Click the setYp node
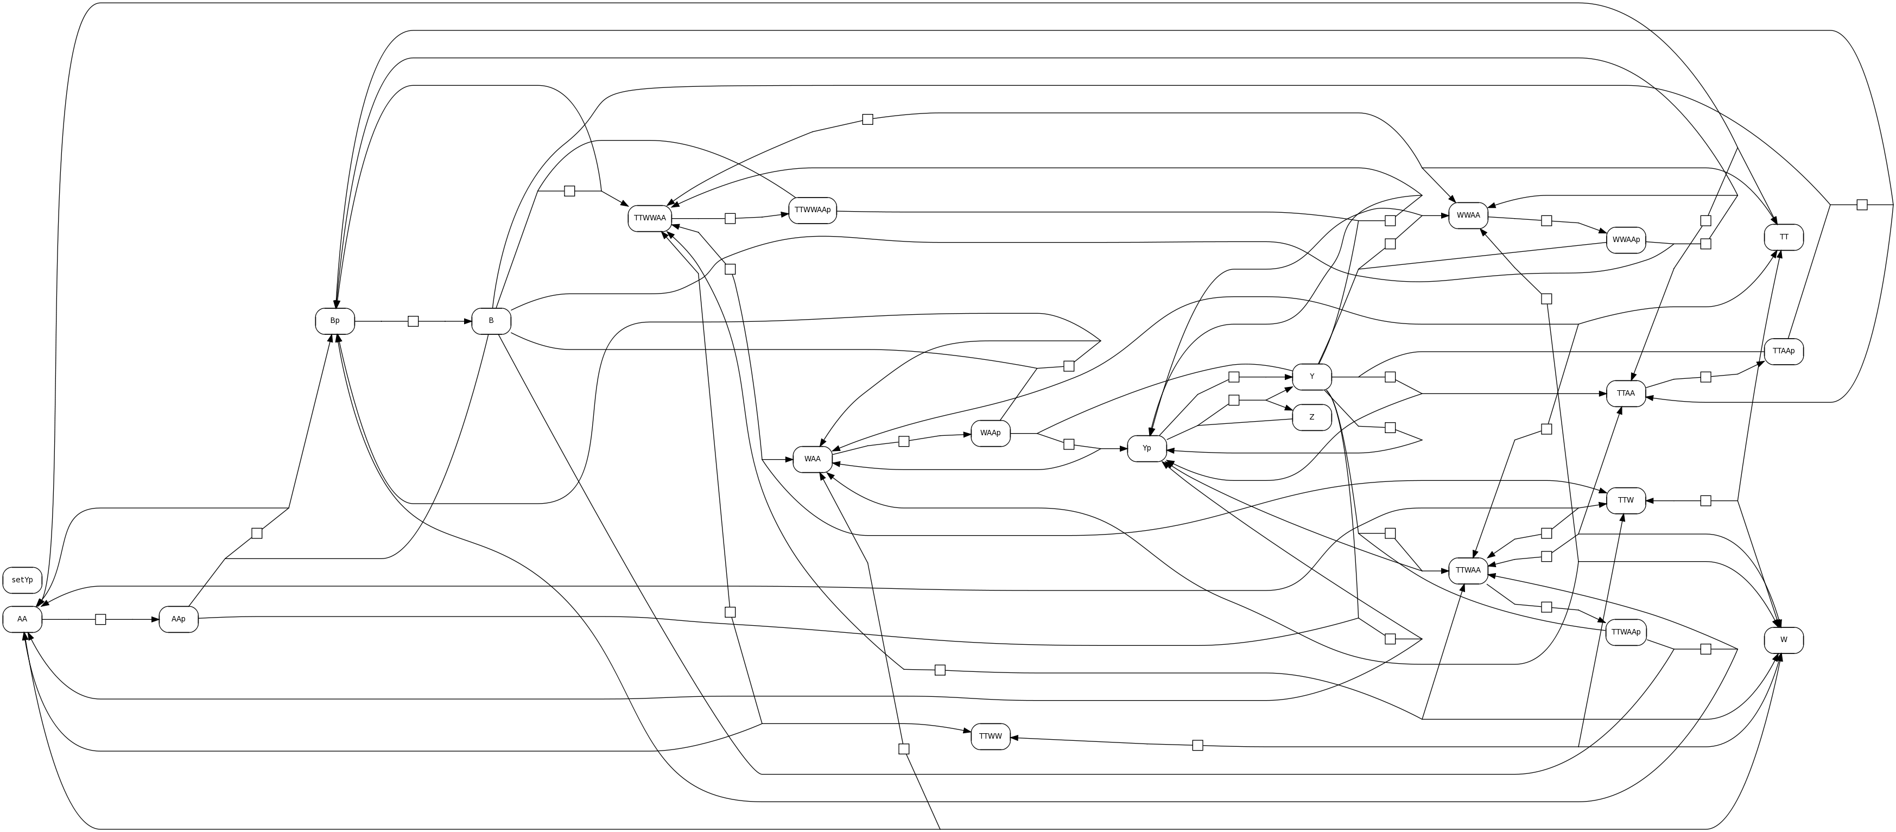click(22, 580)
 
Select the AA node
click(22, 619)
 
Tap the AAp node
click(178, 619)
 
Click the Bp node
click(335, 321)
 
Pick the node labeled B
click(491, 321)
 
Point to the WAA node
click(812, 459)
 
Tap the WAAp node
click(990, 433)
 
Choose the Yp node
click(1147, 449)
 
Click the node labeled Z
click(1311, 417)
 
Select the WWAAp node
click(1626, 240)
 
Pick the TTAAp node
click(1784, 351)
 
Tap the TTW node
click(1626, 500)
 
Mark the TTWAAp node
click(1626, 632)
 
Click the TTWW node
click(990, 736)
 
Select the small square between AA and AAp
click(101, 619)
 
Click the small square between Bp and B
click(413, 321)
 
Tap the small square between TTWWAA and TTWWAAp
click(730, 219)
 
